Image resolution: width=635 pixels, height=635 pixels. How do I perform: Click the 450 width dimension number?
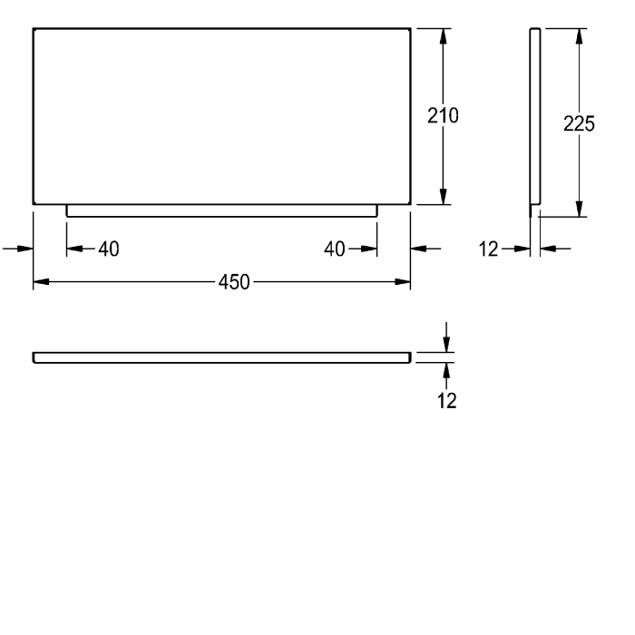(x=234, y=282)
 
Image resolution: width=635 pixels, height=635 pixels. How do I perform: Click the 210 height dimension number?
(x=443, y=115)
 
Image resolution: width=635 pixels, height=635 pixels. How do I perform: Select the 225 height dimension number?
(x=579, y=123)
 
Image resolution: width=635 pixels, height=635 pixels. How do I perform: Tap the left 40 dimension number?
(x=109, y=249)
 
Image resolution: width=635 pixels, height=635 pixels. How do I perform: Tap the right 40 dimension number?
(x=335, y=249)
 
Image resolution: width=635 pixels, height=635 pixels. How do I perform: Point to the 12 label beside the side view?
(x=488, y=249)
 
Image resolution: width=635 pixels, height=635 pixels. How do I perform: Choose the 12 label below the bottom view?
(x=446, y=401)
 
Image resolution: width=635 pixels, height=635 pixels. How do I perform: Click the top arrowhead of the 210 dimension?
(x=444, y=36)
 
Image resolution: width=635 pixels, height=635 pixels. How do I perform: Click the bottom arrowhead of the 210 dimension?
(x=444, y=197)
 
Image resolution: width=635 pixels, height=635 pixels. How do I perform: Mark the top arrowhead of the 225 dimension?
(x=579, y=36)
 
